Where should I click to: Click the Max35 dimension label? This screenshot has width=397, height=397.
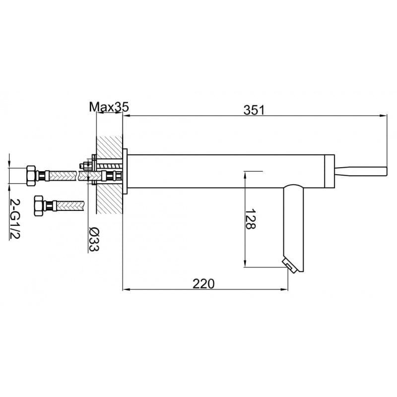[x=109, y=107]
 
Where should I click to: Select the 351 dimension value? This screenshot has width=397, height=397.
[x=254, y=110]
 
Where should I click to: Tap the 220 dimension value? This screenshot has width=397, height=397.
[x=203, y=284]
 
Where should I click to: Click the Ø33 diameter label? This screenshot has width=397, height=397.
[x=94, y=240]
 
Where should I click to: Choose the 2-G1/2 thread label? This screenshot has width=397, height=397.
[x=15, y=218]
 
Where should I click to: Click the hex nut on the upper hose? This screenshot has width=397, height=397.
[x=31, y=176]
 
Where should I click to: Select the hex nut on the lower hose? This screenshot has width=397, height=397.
[x=39, y=205]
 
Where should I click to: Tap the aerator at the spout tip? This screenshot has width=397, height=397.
[x=289, y=266]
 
